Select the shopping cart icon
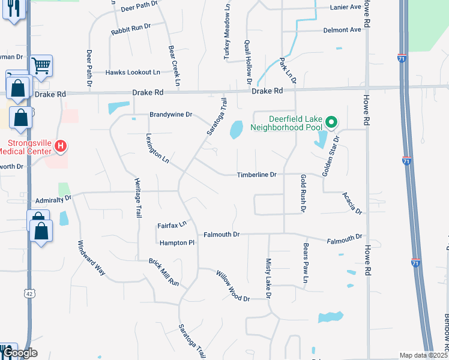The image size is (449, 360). pyautogui.click(x=41, y=65)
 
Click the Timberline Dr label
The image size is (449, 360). pyautogui.click(x=256, y=175)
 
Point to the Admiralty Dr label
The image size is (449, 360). pyautogui.click(x=53, y=197)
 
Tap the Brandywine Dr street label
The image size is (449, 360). pyautogui.click(x=170, y=114)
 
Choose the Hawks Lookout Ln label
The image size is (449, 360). pyautogui.click(x=133, y=72)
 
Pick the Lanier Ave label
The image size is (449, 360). pyautogui.click(x=346, y=7)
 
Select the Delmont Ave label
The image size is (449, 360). pyautogui.click(x=343, y=29)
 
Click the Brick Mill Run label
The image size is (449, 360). pyautogui.click(x=164, y=272)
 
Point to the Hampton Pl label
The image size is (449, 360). pyautogui.click(x=178, y=243)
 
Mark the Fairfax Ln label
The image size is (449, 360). pyautogui.click(x=172, y=224)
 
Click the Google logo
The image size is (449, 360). pyautogui.click(x=21, y=353)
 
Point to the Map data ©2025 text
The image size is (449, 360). pyautogui.click(x=423, y=355)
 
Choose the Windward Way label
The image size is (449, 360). pyautogui.click(x=92, y=259)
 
